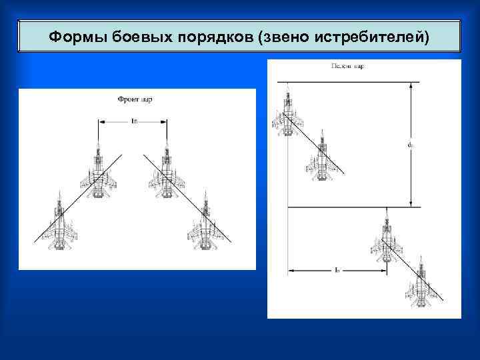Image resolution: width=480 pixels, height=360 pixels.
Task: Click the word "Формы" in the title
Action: coord(71,37)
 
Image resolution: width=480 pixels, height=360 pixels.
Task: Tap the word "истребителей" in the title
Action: coord(373,37)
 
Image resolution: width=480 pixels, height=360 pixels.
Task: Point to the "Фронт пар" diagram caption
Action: coord(135,99)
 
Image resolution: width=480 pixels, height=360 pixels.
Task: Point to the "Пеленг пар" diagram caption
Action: coord(347,67)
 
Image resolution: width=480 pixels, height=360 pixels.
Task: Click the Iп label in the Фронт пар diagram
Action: coord(135,121)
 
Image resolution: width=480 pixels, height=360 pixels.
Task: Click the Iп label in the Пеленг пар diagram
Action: coord(337,269)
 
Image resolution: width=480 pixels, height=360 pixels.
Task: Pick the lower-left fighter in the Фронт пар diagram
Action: coord(61,225)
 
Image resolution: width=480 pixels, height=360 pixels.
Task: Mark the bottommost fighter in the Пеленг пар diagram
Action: coord(421,285)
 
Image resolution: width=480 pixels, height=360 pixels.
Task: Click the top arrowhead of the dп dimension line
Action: coord(411,85)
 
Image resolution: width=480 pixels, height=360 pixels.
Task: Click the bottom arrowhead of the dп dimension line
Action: coord(411,203)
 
